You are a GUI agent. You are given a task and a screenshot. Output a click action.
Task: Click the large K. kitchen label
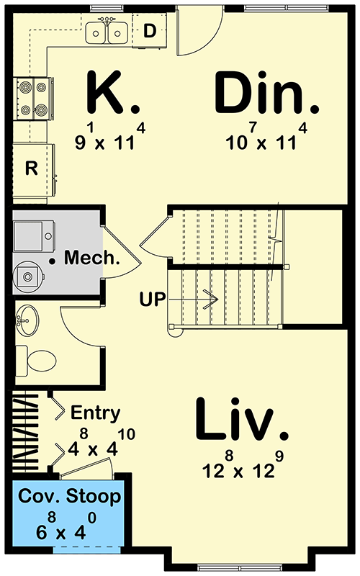click(x=113, y=93)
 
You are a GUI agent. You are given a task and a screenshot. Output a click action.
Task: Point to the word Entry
click(x=96, y=413)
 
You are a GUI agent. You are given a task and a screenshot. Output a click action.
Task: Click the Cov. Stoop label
click(x=70, y=497)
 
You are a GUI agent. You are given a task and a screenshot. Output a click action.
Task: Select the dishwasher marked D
click(x=150, y=31)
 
